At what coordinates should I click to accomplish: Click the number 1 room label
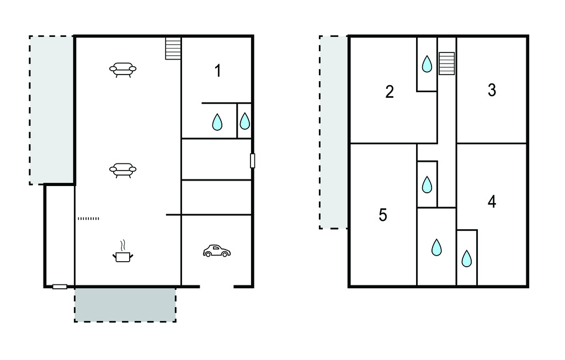pos(217,71)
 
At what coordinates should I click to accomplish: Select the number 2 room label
pos(390,92)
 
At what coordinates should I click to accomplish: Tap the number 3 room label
pos(492,90)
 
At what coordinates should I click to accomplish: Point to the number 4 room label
pos(492,202)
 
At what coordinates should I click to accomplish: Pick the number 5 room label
pos(383,215)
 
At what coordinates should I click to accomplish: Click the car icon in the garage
pos(216,251)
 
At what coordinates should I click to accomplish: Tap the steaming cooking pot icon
pos(123,251)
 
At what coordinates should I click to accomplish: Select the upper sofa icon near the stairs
pos(123,70)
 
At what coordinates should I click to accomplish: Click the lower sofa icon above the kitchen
pos(123,170)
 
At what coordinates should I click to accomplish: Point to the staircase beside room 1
pos(173,48)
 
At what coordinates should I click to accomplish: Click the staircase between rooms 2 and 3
pos(447,63)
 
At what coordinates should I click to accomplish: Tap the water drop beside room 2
pos(427,64)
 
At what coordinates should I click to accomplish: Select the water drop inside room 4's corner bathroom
pos(467,258)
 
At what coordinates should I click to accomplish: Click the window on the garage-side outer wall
pos(253,161)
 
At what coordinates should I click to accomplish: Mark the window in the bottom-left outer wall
pos(60,287)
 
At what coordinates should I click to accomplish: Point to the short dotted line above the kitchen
pos(88,218)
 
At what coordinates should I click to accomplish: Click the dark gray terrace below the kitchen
pos(125,305)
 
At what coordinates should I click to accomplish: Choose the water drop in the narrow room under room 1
pos(244,121)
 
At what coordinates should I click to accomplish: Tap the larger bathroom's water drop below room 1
pos(217,122)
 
